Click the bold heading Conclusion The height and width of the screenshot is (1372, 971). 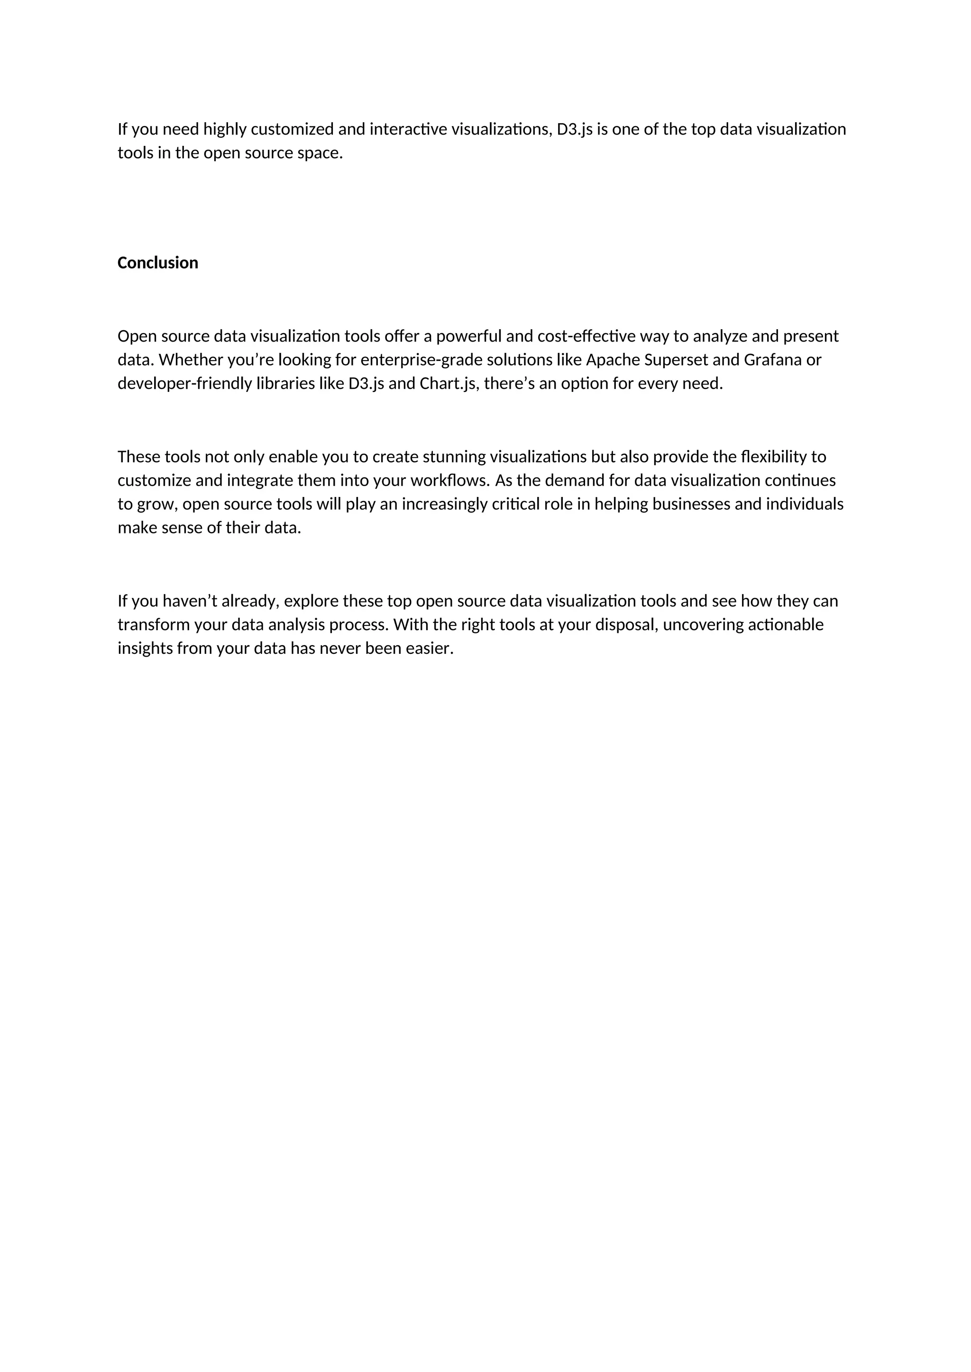pos(157,263)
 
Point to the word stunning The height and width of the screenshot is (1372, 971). pos(454,457)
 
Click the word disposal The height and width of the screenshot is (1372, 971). pos(630,625)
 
